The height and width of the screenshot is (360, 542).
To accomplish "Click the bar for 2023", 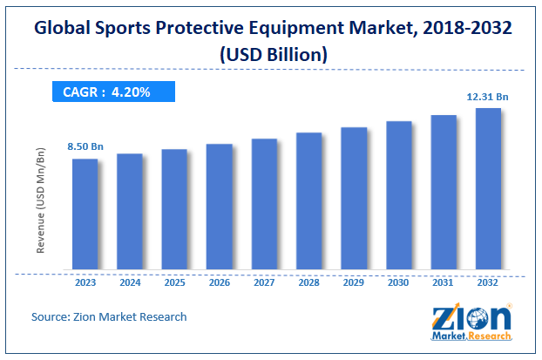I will (x=85, y=214).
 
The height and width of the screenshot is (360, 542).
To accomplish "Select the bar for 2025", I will (x=174, y=209).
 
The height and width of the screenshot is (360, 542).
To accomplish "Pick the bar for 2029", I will (x=354, y=198).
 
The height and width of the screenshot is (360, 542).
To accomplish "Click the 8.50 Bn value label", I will (x=85, y=147).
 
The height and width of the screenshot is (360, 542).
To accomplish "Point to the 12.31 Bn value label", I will (x=485, y=97).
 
